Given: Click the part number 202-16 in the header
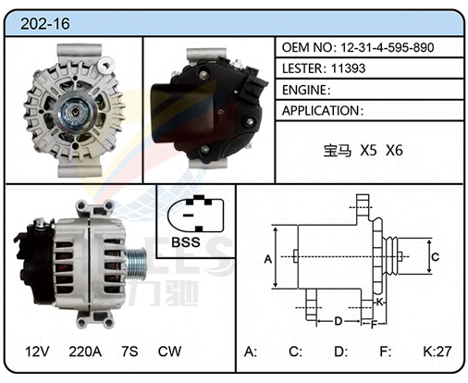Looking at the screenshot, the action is coord(45,24).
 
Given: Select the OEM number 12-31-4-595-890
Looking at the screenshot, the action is coord(388,47).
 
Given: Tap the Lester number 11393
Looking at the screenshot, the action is coord(348,68).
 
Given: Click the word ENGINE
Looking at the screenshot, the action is coord(304,90).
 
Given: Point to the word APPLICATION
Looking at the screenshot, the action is coord(320,111).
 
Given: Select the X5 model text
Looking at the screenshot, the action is coord(369,151).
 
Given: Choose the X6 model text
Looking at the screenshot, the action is coord(394,151).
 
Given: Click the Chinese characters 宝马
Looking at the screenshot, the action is coord(338,151).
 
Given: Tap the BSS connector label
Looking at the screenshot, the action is coord(186,242).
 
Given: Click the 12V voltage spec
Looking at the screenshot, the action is coord(37,352).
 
